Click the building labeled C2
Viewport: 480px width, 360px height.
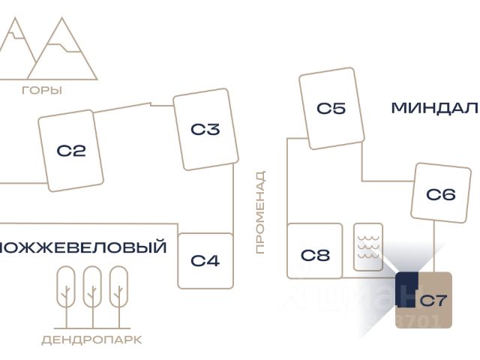point(71,151)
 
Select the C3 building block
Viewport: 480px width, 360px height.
point(205,130)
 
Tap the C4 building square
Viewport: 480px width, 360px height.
point(205,261)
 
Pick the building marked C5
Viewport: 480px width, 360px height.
point(331,109)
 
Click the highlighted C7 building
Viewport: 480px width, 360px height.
point(433,301)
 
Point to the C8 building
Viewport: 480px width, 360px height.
point(315,255)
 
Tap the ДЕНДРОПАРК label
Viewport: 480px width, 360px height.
point(91,340)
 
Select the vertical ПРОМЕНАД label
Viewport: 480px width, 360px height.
point(260,212)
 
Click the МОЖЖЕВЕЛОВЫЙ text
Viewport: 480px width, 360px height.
point(82,247)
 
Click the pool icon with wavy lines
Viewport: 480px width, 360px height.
point(368,247)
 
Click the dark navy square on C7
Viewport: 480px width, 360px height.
point(406,289)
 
